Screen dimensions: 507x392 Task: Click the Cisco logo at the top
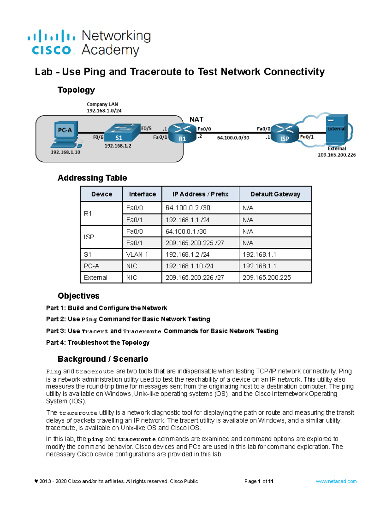[x=51, y=43]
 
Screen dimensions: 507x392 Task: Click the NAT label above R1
[x=196, y=119]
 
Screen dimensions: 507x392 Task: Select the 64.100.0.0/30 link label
[x=233, y=138]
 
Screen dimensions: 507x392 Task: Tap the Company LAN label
[x=102, y=104]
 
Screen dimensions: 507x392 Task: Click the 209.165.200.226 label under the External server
[x=336, y=155]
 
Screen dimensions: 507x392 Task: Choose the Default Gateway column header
[x=275, y=194]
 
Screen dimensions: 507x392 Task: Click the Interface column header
[x=142, y=194]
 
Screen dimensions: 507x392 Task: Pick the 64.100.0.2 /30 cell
[x=188, y=208]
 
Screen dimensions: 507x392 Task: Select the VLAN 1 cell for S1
[x=137, y=254]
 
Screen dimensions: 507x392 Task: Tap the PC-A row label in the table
[x=91, y=266]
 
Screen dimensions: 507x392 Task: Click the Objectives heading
[x=78, y=296]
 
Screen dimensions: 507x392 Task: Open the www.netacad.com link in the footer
[x=336, y=481]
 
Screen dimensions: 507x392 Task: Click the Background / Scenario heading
[x=103, y=359]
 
